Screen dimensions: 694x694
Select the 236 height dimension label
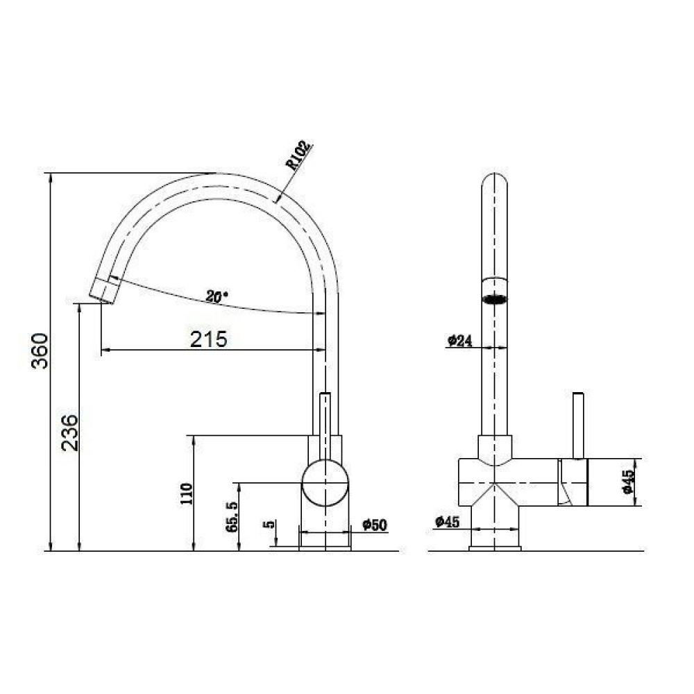tap(70, 433)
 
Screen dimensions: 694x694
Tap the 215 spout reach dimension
tap(208, 339)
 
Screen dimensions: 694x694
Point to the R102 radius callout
tap(298, 155)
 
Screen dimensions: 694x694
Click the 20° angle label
tap(217, 296)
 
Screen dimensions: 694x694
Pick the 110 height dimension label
tap(187, 494)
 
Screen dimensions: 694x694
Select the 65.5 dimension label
tap(232, 516)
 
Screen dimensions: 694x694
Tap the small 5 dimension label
tap(269, 524)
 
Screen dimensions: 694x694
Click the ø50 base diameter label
tap(375, 525)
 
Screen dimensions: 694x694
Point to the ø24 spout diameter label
tap(460, 340)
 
